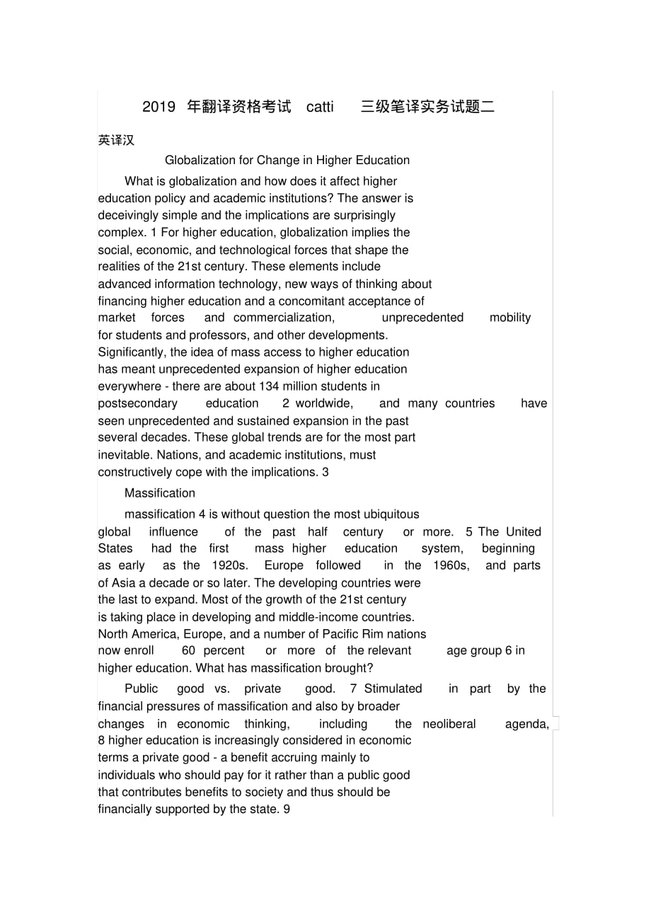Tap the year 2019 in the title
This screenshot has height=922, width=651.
(159, 107)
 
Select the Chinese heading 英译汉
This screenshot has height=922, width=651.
(116, 140)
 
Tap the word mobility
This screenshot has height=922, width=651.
(509, 318)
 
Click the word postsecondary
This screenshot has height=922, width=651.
(137, 403)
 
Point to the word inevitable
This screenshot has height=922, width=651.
(124, 455)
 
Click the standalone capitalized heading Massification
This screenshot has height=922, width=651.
(160, 493)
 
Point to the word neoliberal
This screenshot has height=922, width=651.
(449, 724)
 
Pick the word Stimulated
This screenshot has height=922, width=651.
(393, 689)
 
